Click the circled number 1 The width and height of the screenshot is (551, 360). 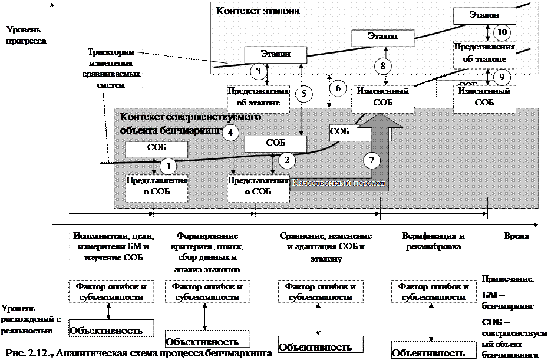point(169,167)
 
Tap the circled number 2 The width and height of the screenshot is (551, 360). point(287,160)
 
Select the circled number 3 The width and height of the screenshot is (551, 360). point(258,71)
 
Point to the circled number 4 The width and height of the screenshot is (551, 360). point(233,133)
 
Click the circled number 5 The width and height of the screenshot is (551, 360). point(304,94)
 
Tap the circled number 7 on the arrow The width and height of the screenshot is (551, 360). point(371,160)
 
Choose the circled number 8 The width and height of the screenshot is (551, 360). point(382,66)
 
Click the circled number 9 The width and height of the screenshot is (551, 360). point(501,77)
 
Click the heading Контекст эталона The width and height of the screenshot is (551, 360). point(258,11)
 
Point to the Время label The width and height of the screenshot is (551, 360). point(519,236)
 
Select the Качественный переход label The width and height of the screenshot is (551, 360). point(339,183)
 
